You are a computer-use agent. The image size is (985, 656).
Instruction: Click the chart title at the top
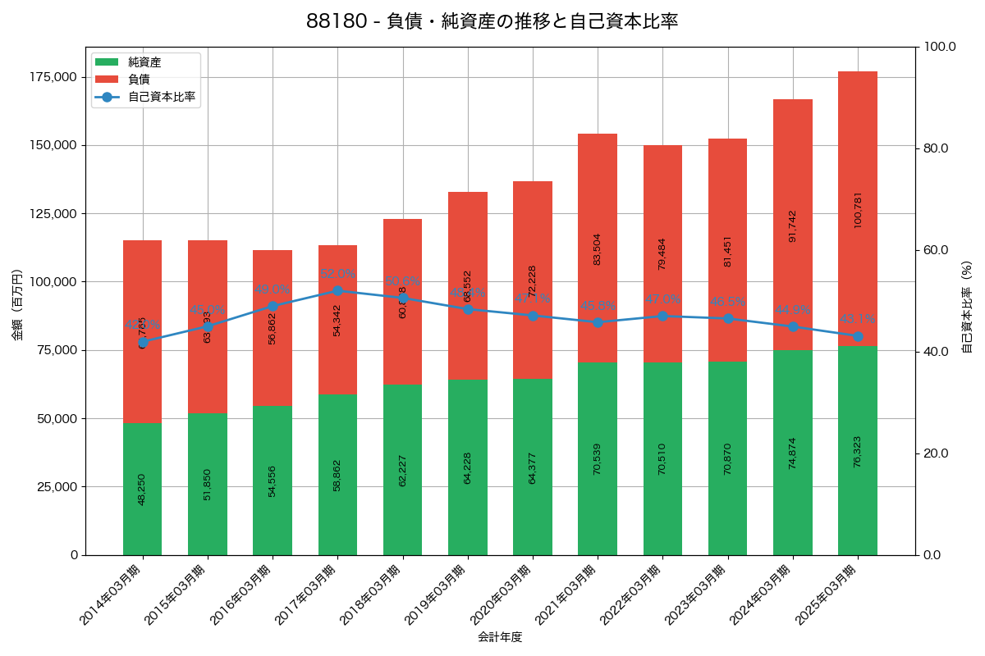(492, 22)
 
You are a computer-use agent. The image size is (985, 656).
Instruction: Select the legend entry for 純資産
(144, 62)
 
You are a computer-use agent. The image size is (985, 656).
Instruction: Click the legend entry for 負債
(139, 80)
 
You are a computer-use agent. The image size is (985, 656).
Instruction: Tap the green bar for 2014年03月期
(142, 459)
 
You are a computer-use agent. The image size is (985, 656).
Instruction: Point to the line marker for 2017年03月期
(337, 290)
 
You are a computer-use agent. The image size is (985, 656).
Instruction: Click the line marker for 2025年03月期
(858, 336)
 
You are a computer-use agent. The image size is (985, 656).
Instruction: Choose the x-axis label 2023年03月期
(698, 595)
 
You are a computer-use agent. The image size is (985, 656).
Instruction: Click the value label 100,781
(858, 210)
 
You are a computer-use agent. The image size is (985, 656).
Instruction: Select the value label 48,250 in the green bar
(142, 489)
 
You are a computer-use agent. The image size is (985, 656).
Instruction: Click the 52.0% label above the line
(337, 274)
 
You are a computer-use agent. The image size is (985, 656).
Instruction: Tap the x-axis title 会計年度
(500, 636)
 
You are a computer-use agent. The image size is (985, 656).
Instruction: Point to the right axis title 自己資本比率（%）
(966, 307)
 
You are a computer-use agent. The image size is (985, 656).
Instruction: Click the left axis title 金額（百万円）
(16, 307)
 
